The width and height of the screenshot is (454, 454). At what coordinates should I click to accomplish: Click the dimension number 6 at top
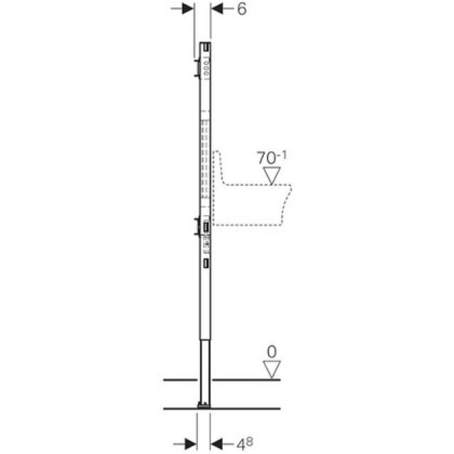coord(242,11)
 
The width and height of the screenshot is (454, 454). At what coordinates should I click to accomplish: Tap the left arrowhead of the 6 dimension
coord(188,9)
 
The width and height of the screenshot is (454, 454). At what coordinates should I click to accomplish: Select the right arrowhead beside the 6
coord(217,9)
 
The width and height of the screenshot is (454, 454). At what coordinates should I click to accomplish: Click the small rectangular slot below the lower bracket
coord(206,264)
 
